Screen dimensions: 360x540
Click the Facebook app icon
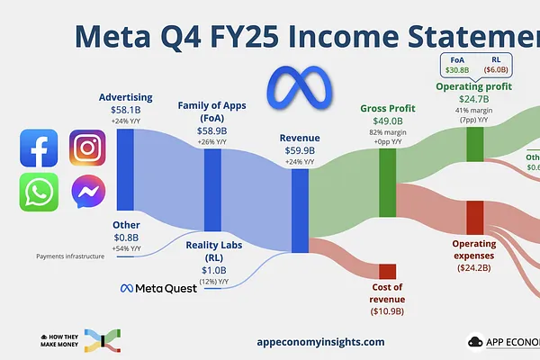point(39,148)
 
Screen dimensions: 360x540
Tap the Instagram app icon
point(87,148)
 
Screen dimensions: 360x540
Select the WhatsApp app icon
point(39,192)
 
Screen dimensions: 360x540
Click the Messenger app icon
point(87,192)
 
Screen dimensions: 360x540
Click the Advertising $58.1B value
point(126,109)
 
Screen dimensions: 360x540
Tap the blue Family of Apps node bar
point(212,191)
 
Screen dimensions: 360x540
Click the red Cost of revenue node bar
point(387,271)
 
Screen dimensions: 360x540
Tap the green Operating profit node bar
point(474,145)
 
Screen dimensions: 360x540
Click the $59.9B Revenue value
point(300,150)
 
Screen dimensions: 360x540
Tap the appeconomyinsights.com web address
point(320,342)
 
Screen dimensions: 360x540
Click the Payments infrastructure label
point(70,256)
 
